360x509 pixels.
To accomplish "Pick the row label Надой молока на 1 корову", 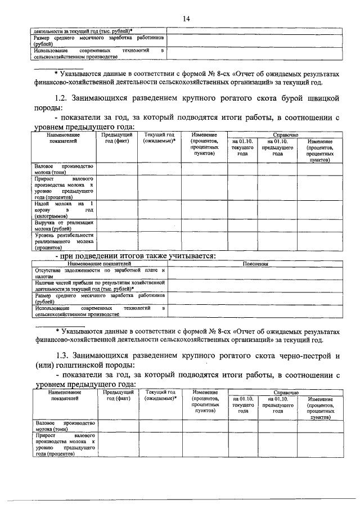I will click(x=64, y=209).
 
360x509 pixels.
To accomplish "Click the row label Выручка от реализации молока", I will click(x=64, y=226).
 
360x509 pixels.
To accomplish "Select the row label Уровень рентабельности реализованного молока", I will click(x=64, y=241).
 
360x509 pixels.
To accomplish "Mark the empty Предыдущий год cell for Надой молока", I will click(x=117, y=209).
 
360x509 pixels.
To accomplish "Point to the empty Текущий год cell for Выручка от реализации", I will click(x=159, y=226).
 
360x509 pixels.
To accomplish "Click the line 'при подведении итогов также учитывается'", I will click(x=135, y=256).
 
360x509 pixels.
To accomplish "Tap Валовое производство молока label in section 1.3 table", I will click(x=64, y=425).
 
